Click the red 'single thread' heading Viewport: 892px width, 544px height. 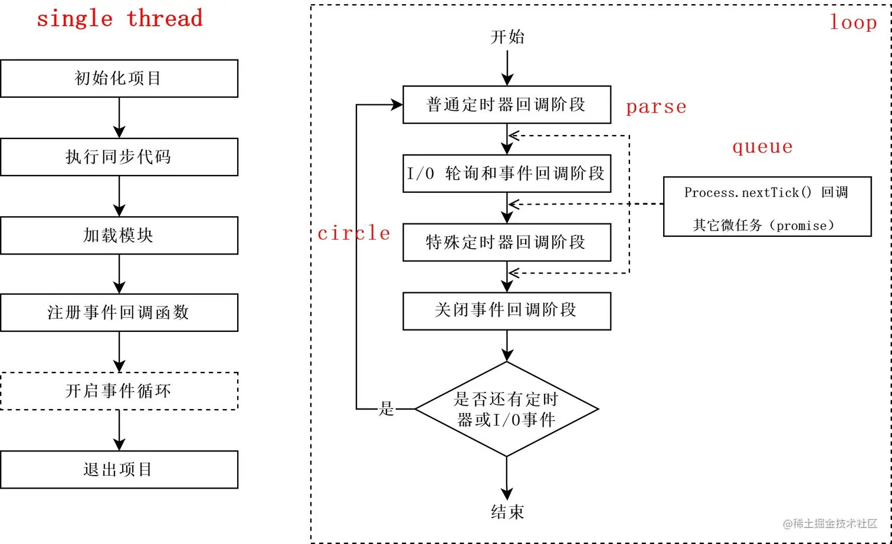point(119,18)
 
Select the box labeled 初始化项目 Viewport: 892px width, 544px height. point(119,78)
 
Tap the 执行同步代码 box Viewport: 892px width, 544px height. point(119,157)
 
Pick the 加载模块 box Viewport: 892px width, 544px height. point(119,235)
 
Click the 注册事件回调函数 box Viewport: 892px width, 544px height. point(119,312)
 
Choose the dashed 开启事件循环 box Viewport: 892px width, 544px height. point(119,391)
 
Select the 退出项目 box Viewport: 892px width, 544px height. point(119,469)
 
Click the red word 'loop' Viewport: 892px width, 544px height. point(853,22)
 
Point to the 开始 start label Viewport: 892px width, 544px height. point(507,37)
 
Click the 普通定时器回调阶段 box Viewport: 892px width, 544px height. point(506,105)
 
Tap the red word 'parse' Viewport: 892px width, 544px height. point(656,107)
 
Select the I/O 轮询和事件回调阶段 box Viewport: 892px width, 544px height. point(506,173)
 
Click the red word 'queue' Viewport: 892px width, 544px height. point(762,146)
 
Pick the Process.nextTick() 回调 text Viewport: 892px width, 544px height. point(766,192)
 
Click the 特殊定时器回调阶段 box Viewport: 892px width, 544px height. point(506,242)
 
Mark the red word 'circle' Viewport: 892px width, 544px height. point(353,233)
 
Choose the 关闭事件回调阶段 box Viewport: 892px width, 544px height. point(506,310)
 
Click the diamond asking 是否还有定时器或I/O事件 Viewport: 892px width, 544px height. point(506,409)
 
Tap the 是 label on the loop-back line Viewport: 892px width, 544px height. point(386,408)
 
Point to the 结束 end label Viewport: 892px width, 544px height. point(507,512)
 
